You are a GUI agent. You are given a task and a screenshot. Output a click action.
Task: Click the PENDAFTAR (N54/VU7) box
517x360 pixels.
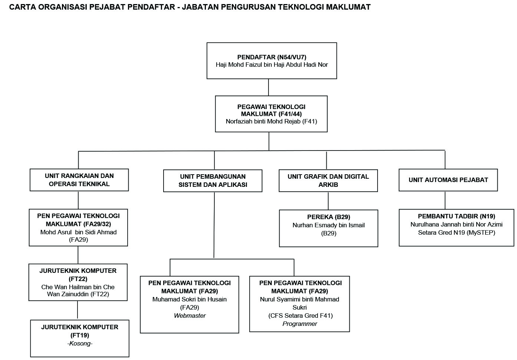(271, 60)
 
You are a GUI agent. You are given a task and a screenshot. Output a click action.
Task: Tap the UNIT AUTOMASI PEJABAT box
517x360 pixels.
(448, 180)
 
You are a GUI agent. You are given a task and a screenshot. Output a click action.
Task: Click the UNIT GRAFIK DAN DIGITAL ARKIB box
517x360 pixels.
(328, 181)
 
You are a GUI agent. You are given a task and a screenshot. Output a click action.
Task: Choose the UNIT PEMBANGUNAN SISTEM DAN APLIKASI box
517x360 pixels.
(213, 181)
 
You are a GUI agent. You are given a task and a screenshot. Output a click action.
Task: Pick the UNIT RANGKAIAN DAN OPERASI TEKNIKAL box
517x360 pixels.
(79, 180)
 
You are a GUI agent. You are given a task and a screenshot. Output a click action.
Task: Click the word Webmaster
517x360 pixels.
(190, 316)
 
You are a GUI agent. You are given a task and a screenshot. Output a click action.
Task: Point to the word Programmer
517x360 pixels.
(300, 324)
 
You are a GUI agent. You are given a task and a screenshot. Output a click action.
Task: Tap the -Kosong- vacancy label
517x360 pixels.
(80, 343)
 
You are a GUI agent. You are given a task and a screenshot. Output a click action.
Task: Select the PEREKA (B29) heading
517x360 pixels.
(328, 217)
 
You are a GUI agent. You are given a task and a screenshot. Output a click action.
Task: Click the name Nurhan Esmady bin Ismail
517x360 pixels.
(328, 225)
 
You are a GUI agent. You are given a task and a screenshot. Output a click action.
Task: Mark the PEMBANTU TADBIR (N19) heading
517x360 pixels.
(456, 216)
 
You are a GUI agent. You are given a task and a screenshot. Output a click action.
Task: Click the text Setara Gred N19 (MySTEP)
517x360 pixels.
(456, 232)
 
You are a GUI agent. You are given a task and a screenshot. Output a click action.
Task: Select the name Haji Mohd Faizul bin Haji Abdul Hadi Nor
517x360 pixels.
(271, 65)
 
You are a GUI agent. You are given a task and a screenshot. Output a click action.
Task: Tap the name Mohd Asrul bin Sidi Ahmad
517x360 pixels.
(78, 232)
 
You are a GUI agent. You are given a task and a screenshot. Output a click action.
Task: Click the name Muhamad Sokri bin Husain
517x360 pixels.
(189, 299)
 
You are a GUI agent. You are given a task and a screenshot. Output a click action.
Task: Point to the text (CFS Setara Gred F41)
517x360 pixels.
(300, 316)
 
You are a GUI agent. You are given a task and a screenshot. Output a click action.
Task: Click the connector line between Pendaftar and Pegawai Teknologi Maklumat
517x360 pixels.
(268, 87)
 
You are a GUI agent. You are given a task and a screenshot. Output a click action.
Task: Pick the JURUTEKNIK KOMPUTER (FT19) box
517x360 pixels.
(80, 338)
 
